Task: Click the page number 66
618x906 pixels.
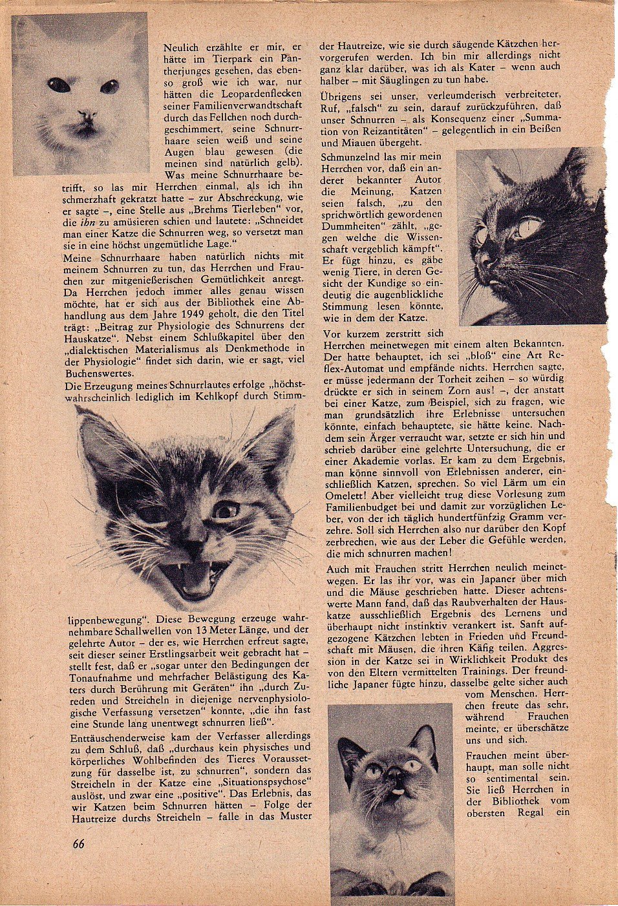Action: coord(79,843)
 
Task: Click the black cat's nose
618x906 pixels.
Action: coord(487,262)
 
